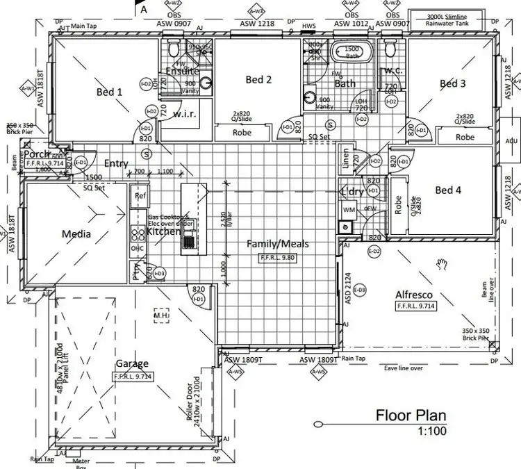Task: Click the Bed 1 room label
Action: (x=109, y=92)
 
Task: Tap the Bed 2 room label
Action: (x=258, y=80)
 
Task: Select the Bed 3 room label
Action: (x=452, y=83)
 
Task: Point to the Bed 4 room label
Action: (x=448, y=190)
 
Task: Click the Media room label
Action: (x=76, y=234)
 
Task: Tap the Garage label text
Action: (x=132, y=363)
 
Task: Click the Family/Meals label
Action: (x=278, y=244)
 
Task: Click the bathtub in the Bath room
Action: (x=353, y=53)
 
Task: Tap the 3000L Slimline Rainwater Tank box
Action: (x=452, y=19)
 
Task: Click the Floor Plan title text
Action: (x=411, y=416)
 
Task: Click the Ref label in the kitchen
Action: (x=140, y=197)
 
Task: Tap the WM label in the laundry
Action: (x=348, y=208)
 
